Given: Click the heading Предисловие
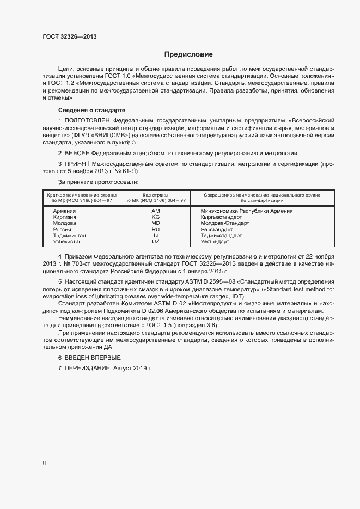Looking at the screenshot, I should (188, 54).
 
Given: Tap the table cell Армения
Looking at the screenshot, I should (64, 211).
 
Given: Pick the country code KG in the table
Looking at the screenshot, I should (155, 217).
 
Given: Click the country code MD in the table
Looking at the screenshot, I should (155, 223).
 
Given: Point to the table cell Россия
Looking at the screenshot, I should (62, 229).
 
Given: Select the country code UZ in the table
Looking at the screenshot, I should (155, 241).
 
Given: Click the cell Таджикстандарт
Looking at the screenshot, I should (221, 235).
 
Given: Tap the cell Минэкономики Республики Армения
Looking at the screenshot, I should (246, 211).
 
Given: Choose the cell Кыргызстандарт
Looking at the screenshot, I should (221, 217).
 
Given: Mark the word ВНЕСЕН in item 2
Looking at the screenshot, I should (77, 154).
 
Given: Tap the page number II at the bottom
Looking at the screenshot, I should (44, 463).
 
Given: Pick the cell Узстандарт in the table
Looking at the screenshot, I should (216, 241).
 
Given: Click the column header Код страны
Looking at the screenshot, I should (155, 194).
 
